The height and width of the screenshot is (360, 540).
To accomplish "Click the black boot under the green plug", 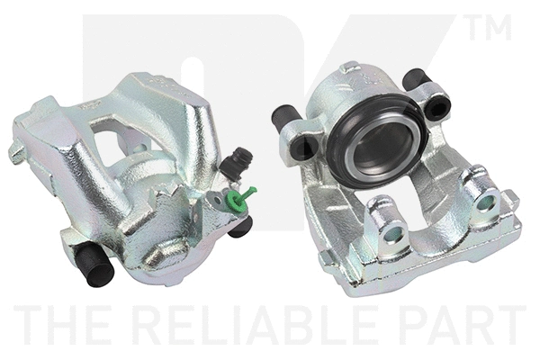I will (x=240, y=225).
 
